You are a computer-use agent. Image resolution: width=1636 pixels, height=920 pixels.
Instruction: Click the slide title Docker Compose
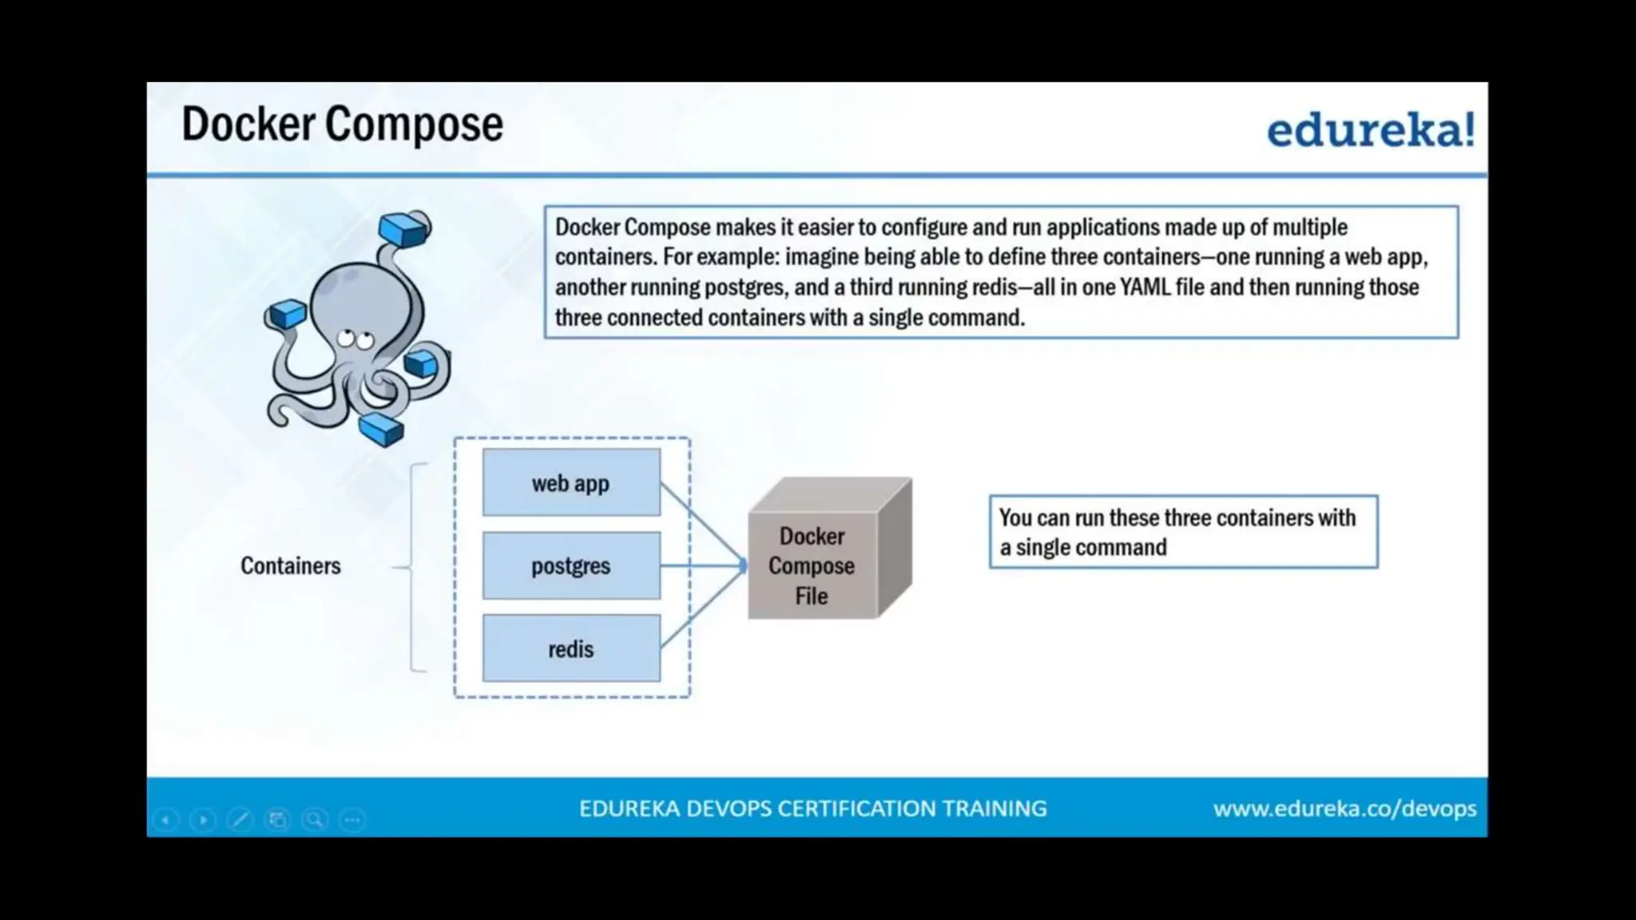pos(342,125)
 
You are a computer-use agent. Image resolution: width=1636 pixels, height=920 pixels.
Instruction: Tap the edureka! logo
pos(1370,129)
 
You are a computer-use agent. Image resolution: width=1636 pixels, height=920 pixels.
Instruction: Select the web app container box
pos(571,483)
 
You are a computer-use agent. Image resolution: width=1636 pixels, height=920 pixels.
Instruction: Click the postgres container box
pos(571,566)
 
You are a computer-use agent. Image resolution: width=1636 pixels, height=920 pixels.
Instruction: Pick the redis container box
pos(571,648)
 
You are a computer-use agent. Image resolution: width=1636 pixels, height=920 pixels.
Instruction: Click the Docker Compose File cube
pos(812,565)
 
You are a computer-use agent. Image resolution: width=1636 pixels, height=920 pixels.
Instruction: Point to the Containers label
pos(291,566)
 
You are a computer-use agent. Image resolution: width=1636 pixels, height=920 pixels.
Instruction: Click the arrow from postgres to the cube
pos(703,565)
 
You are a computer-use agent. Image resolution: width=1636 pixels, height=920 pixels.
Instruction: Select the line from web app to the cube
pos(701,522)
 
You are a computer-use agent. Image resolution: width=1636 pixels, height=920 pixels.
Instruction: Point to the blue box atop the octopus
pos(404,229)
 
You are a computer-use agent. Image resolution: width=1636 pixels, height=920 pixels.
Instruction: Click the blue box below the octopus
pos(381,429)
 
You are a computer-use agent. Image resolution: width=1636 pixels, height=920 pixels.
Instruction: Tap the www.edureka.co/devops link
pos(1344,809)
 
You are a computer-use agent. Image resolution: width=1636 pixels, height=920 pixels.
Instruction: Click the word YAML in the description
pos(1145,287)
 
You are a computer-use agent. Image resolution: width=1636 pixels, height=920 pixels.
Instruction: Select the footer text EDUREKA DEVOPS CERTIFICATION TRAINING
pos(812,809)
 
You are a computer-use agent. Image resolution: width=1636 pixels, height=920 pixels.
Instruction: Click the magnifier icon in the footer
pos(315,820)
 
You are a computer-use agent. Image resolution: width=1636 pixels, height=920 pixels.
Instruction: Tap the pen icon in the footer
pos(240,820)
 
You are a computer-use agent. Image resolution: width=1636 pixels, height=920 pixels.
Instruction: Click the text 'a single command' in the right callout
pos(1083,548)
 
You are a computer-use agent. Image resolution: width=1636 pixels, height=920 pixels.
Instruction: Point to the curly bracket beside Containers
pos(412,567)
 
